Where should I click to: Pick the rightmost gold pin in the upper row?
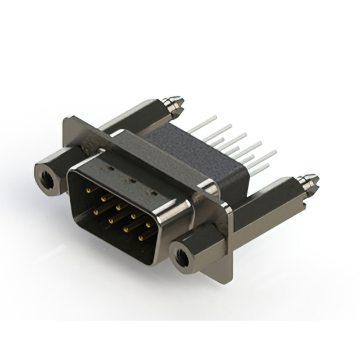pos(150,225)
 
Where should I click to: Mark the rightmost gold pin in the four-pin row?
pos(141,238)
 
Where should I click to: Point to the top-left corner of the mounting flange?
pos(66,118)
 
